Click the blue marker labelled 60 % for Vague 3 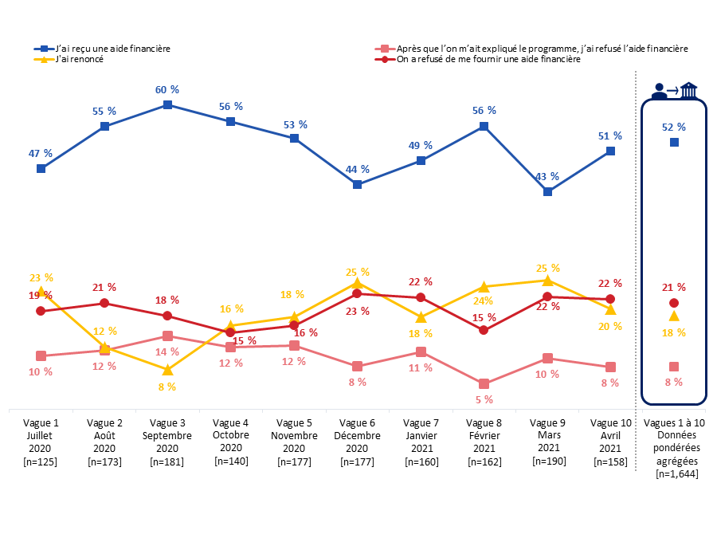tap(167, 104)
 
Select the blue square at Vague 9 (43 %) tap(547, 192)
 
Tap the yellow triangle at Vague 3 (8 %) tap(167, 370)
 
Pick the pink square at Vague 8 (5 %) tap(484, 384)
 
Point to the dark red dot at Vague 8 tap(484, 330)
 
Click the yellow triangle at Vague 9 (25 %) tap(547, 281)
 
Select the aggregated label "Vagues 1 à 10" tap(674, 423)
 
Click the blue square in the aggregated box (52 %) tap(674, 143)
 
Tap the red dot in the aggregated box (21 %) tap(674, 303)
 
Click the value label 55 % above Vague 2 tap(104, 112)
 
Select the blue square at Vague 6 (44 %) tap(357, 185)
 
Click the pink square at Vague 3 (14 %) tap(167, 336)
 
